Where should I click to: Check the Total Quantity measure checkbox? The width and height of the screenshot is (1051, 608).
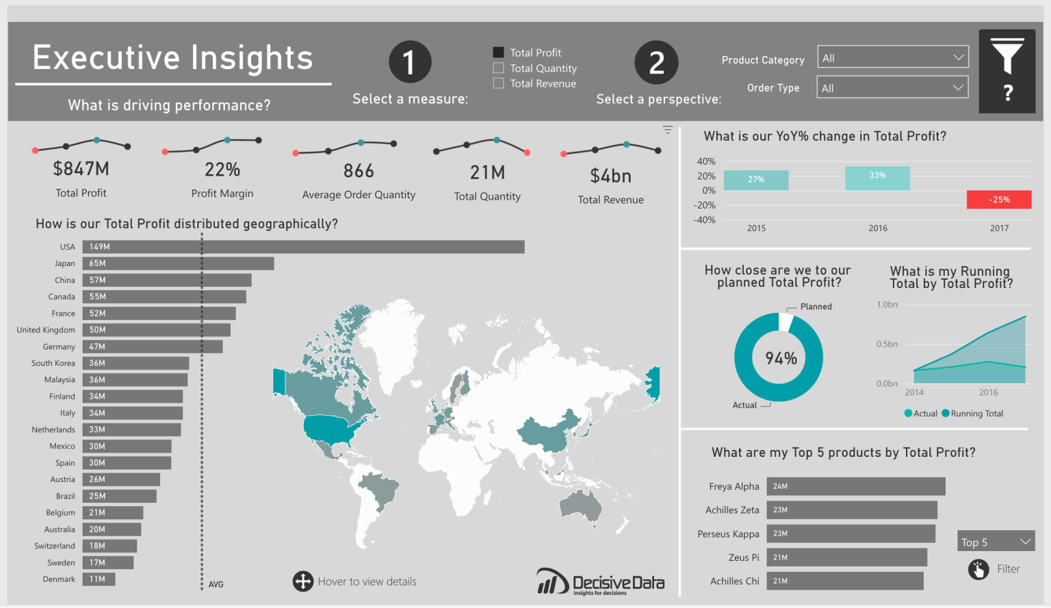[x=499, y=68]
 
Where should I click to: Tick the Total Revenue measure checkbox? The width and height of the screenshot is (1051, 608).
[x=499, y=83]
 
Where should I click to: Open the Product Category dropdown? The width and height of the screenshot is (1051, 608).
[x=893, y=57]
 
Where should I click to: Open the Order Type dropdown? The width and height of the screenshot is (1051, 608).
[x=893, y=88]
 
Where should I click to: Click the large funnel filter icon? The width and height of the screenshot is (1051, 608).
[x=1007, y=57]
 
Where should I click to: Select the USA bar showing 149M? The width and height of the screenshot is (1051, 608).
[x=303, y=247]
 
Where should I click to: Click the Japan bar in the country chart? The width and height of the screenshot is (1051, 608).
[x=178, y=263]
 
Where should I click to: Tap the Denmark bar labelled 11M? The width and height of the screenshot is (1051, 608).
[x=99, y=579]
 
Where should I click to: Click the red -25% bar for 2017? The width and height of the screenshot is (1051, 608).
[x=998, y=200]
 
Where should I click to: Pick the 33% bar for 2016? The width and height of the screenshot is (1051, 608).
[x=877, y=178]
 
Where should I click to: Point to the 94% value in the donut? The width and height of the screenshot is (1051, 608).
[x=781, y=358]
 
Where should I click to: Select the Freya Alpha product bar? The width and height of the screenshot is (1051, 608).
[x=855, y=486]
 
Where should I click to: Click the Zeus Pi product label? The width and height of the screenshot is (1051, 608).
[x=743, y=557]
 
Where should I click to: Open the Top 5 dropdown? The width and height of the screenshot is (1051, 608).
[x=996, y=542]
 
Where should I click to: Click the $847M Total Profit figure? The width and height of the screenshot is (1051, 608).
[x=81, y=169]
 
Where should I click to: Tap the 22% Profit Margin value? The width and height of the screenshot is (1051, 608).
[x=222, y=170]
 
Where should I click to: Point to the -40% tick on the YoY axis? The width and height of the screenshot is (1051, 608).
[x=705, y=220]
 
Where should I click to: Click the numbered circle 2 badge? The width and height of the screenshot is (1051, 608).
[x=656, y=63]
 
